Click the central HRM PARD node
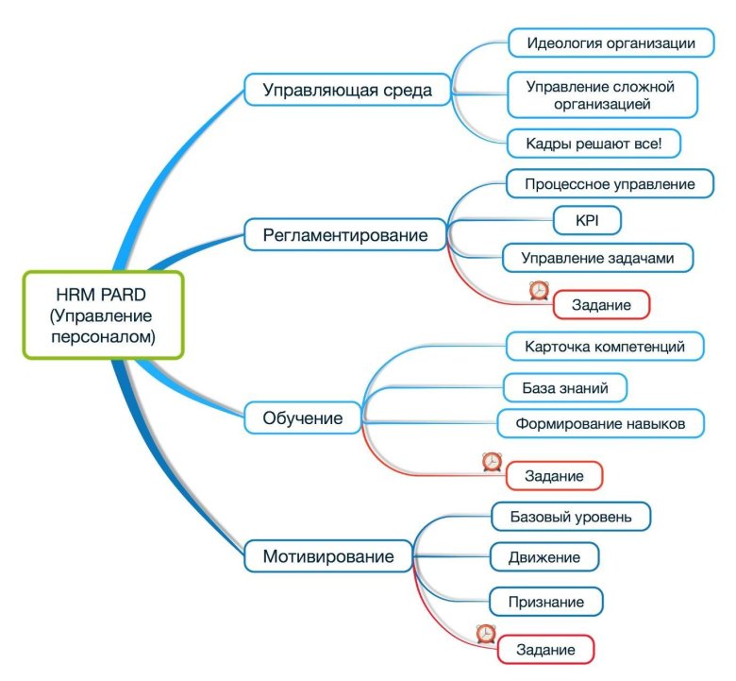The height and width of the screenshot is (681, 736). coord(102,315)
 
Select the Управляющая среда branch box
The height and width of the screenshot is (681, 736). coord(347,90)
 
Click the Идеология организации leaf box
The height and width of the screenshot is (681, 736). coord(611,43)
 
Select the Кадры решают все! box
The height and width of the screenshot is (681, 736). coord(594,144)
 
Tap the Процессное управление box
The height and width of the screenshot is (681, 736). coord(611,184)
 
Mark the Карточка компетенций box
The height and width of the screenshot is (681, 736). coord(604,347)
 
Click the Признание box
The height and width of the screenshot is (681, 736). coord(546,601)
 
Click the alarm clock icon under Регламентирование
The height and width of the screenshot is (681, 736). coord(539,290)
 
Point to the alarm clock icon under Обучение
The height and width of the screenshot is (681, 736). coord(492,461)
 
